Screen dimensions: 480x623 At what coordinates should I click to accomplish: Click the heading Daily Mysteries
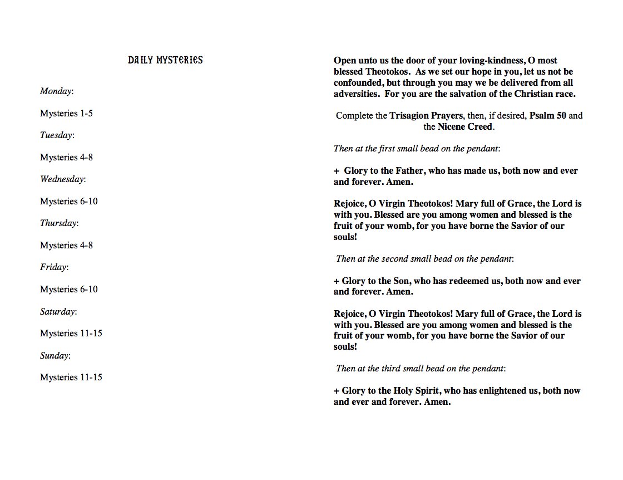click(x=165, y=60)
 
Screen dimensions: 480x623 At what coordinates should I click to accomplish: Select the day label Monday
click(x=56, y=91)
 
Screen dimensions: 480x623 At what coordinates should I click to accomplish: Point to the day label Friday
click(x=53, y=267)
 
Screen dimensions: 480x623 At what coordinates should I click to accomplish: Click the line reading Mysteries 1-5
click(x=66, y=114)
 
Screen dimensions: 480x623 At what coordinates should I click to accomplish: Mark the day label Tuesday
click(x=56, y=135)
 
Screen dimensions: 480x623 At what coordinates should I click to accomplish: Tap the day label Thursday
click(x=58, y=223)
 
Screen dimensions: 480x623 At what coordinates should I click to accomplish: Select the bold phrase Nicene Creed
click(x=465, y=126)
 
